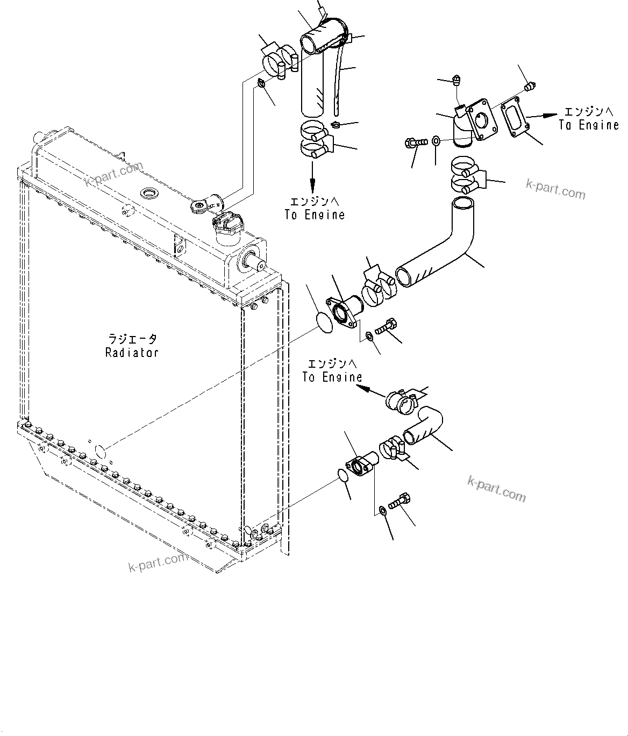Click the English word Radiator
point(132,353)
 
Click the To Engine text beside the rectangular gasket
point(589,125)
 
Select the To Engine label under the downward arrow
point(315,215)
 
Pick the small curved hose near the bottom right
point(425,425)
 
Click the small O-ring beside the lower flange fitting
point(342,476)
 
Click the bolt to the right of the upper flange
point(386,325)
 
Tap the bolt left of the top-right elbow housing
point(416,142)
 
